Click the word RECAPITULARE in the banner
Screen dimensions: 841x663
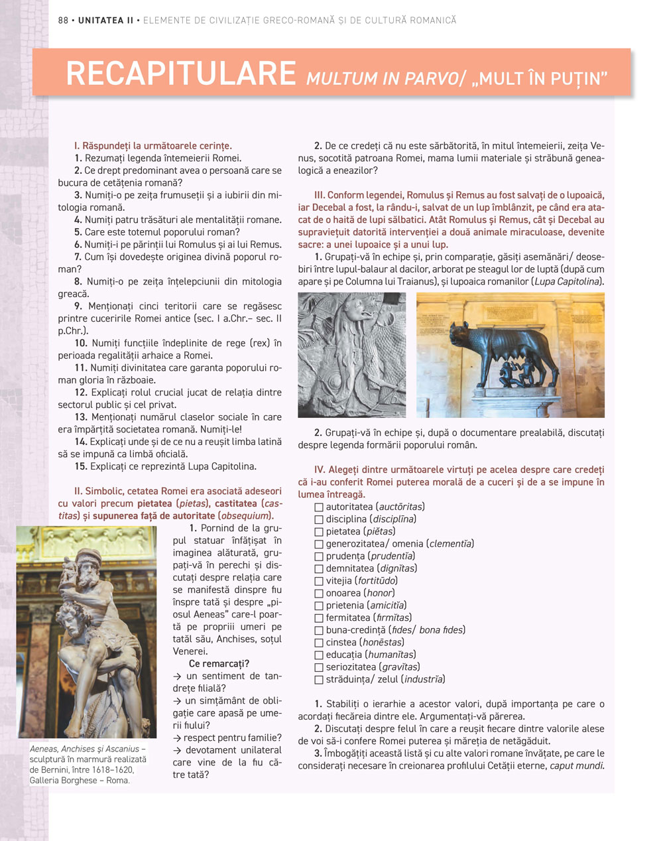[180, 74]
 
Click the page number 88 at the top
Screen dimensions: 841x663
[64, 21]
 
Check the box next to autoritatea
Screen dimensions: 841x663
[319, 507]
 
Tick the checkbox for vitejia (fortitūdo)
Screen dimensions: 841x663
[319, 581]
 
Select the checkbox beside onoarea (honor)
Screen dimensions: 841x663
[319, 594]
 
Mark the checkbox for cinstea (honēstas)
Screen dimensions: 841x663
[319, 643]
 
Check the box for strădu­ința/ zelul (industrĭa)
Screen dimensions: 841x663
[319, 680]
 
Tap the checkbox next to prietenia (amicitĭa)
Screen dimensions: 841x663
[319, 606]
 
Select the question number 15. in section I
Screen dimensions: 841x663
[81, 466]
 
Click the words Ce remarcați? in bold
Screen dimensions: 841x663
[219, 664]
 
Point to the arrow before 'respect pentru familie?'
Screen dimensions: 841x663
[177, 738]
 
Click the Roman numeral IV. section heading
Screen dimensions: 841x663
[320, 470]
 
